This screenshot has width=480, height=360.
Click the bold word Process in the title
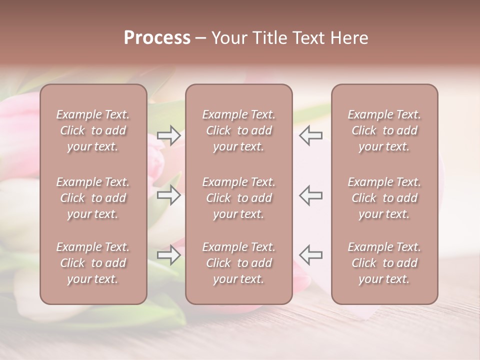157,38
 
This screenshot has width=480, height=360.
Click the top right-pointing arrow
169,135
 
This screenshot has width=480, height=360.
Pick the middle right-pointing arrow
169,195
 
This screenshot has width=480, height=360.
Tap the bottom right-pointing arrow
169,254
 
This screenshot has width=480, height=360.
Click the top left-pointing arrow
311,135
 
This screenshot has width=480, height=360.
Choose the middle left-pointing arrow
311,195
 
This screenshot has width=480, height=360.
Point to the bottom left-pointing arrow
311,254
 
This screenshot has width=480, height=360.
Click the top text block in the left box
93,130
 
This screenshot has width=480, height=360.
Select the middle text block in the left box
93,198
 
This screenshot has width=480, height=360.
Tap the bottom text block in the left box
93,263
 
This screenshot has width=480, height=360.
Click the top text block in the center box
239,130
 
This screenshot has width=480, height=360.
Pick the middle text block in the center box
239,198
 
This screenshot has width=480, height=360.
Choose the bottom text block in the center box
239,263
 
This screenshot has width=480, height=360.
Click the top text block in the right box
384,130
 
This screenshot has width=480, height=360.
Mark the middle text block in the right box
384,198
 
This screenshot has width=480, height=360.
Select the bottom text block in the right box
384,263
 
